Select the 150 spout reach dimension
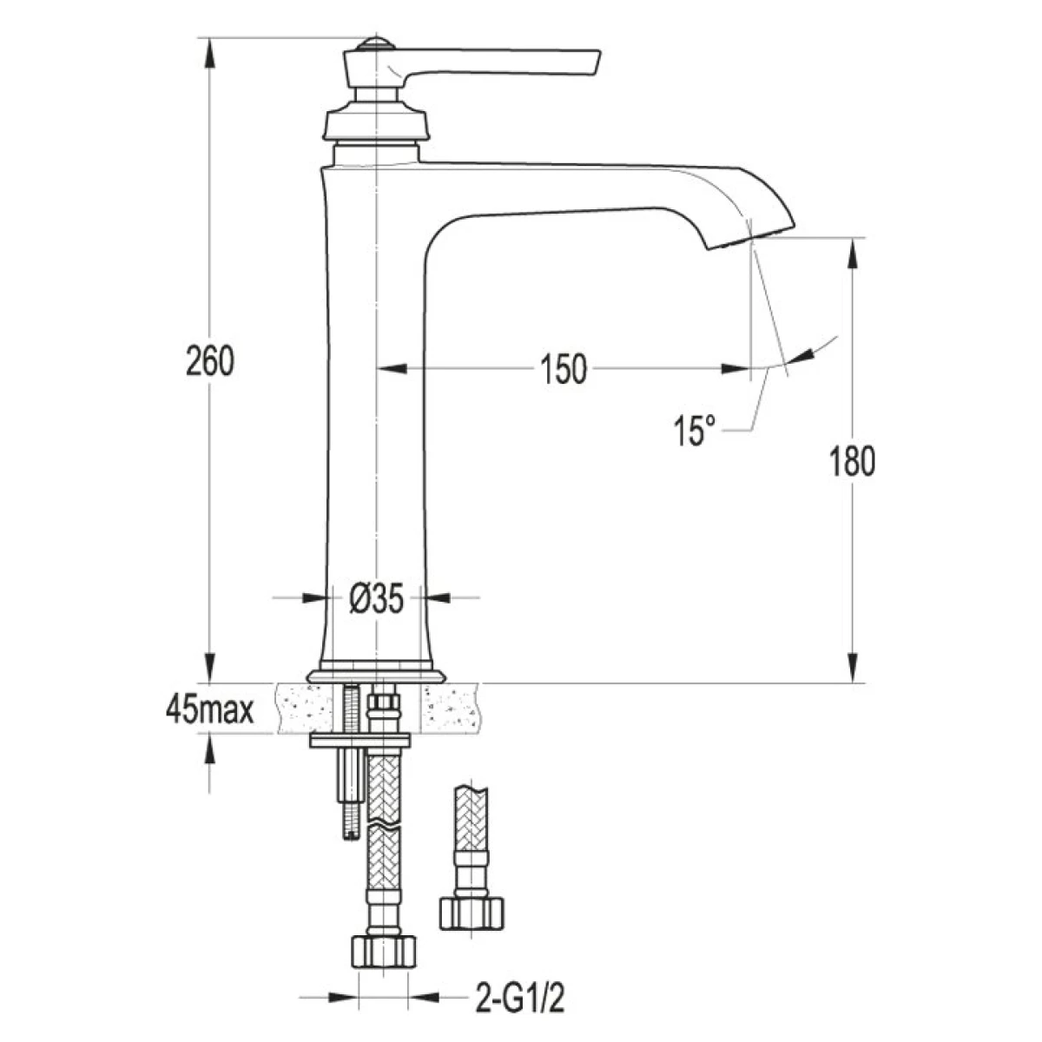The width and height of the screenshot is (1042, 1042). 564,369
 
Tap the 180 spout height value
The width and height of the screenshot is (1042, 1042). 852,461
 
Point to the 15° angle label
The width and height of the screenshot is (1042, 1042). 695,431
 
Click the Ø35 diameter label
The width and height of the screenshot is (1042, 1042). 376,598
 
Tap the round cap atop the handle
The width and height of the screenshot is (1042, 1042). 376,43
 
